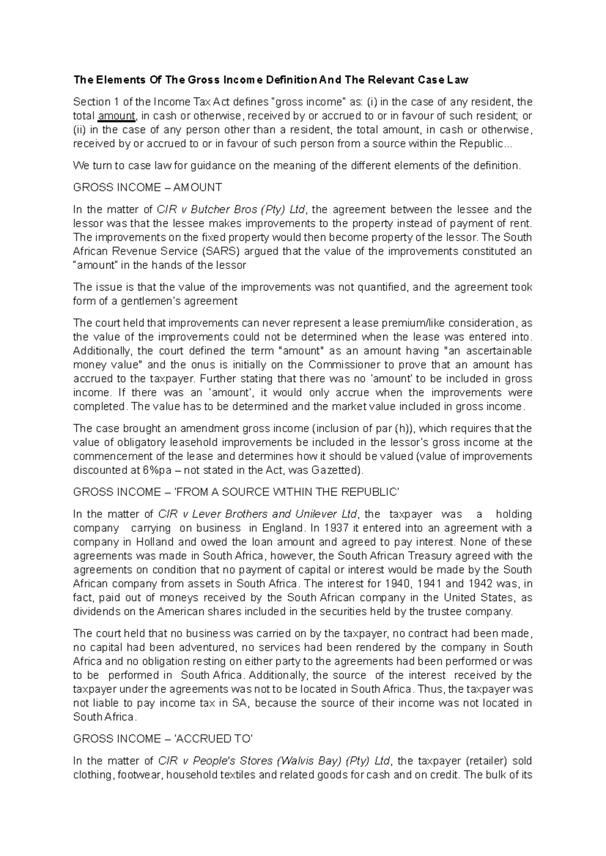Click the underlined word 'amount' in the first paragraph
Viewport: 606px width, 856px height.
click(x=117, y=116)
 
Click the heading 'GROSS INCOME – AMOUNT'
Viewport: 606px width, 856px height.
click(x=147, y=188)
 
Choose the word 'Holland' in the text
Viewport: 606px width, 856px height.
click(x=148, y=542)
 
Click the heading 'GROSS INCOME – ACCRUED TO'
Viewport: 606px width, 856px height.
click(x=163, y=739)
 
